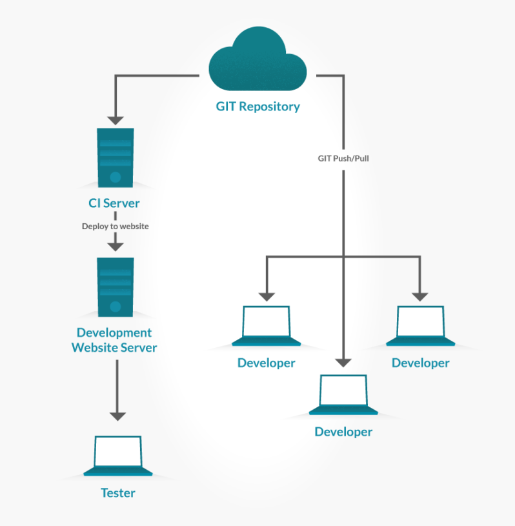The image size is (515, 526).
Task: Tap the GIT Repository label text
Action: coord(257,106)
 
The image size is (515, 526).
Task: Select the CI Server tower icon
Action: coord(116,157)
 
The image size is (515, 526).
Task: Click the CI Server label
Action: coord(114,203)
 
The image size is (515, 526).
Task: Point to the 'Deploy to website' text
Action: coord(115,227)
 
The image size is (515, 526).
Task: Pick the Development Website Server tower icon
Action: coord(116,287)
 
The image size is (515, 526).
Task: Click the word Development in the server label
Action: coord(114,333)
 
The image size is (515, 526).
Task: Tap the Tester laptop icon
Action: coord(117,456)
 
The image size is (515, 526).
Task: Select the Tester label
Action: coord(117,493)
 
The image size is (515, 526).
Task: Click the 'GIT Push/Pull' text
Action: coord(343,159)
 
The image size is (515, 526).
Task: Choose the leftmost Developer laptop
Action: coord(267,325)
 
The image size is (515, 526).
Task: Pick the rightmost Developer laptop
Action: coord(420,325)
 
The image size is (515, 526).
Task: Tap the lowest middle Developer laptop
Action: coord(343,394)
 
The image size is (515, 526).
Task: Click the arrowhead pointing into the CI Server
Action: coord(116,121)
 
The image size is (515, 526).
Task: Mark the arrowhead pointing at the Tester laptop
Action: coord(117,416)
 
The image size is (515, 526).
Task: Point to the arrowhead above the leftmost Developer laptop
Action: coord(267,297)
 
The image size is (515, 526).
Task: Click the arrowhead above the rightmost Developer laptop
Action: coord(419,297)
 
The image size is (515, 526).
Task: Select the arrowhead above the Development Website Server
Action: coord(116,247)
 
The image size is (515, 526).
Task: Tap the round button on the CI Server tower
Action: coord(116,177)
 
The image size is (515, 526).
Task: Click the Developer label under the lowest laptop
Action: coord(343,432)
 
